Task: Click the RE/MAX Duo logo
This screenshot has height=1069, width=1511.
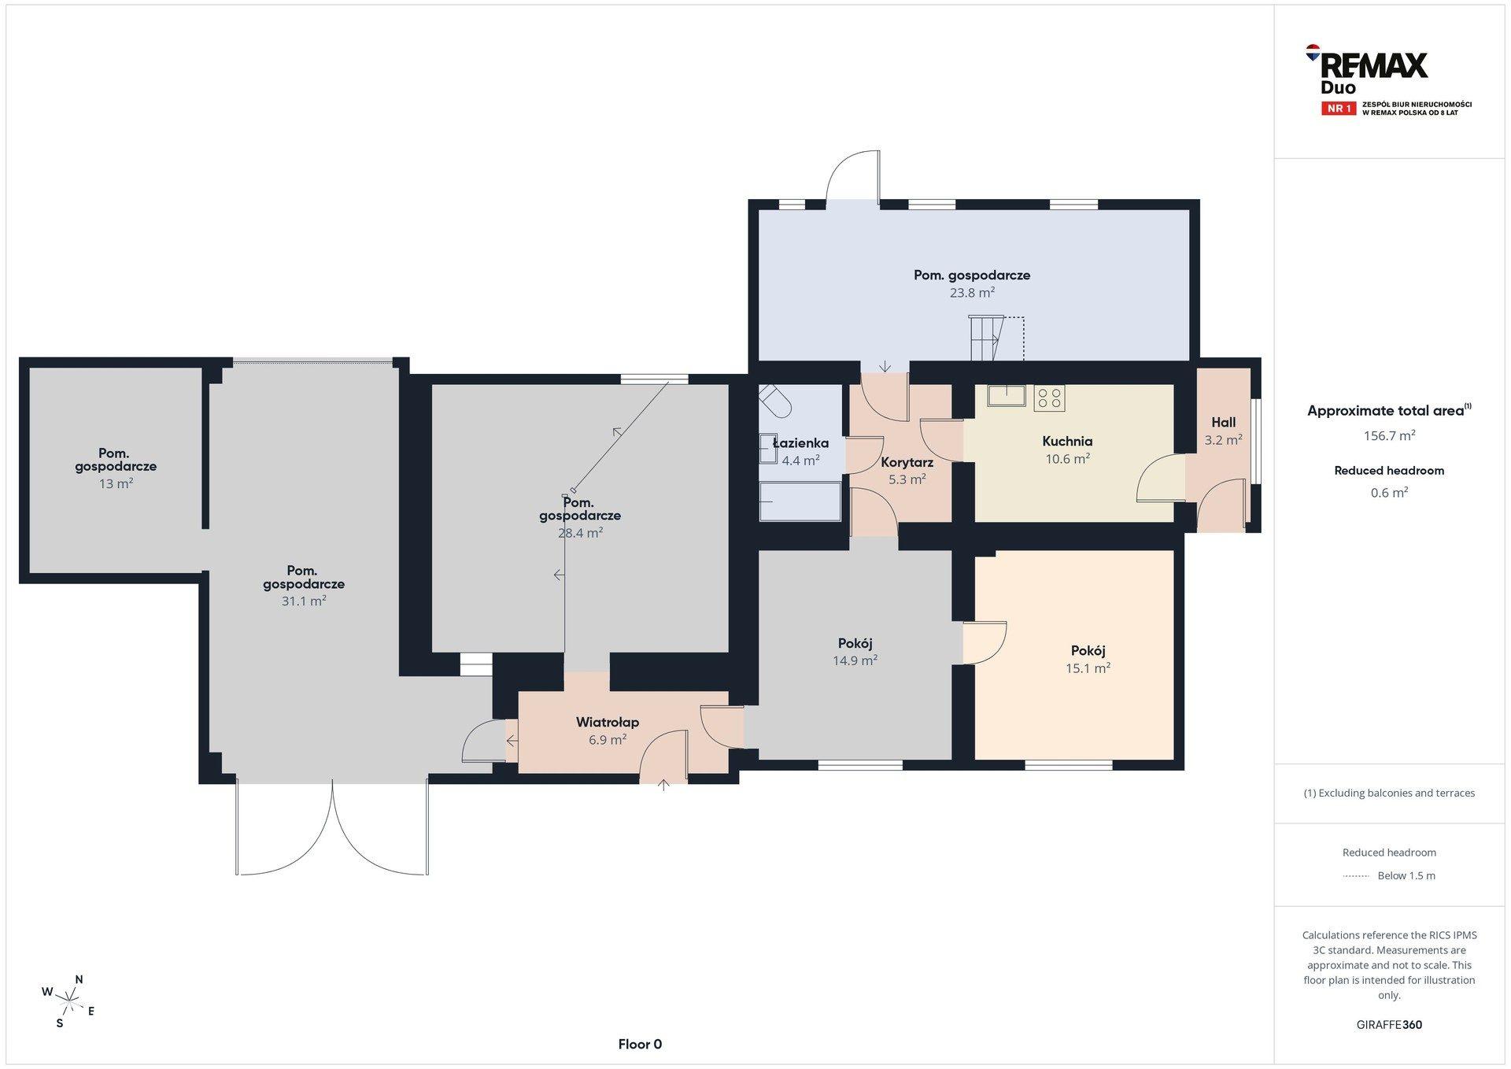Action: [x=1388, y=80]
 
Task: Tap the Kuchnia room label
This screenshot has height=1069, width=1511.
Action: [x=1067, y=442]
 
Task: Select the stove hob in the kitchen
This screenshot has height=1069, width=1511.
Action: [x=1049, y=398]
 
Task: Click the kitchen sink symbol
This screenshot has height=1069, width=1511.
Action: [x=1007, y=395]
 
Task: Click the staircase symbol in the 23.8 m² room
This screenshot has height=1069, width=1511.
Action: [x=985, y=338]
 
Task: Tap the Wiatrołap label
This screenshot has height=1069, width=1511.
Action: [x=608, y=723]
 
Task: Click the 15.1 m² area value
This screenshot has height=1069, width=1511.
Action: [x=1088, y=668]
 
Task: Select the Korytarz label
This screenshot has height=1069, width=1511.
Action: [x=907, y=463]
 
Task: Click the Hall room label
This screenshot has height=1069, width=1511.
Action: [x=1224, y=423]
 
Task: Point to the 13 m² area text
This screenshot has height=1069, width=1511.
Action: [x=116, y=484]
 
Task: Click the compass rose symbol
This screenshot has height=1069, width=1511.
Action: [x=69, y=1001]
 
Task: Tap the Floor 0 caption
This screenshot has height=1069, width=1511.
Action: [x=640, y=1045]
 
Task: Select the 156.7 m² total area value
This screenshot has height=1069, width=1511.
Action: [x=1389, y=435]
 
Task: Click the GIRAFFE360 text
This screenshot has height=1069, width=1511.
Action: [x=1389, y=1025]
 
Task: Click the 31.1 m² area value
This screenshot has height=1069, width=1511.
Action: [x=304, y=601]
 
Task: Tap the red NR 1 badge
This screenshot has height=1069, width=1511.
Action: [x=1339, y=109]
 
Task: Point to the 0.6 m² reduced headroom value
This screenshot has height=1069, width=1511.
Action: [x=1389, y=493]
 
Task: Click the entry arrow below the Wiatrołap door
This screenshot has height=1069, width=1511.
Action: [x=663, y=784]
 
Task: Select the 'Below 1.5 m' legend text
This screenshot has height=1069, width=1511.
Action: [x=1406, y=876]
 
